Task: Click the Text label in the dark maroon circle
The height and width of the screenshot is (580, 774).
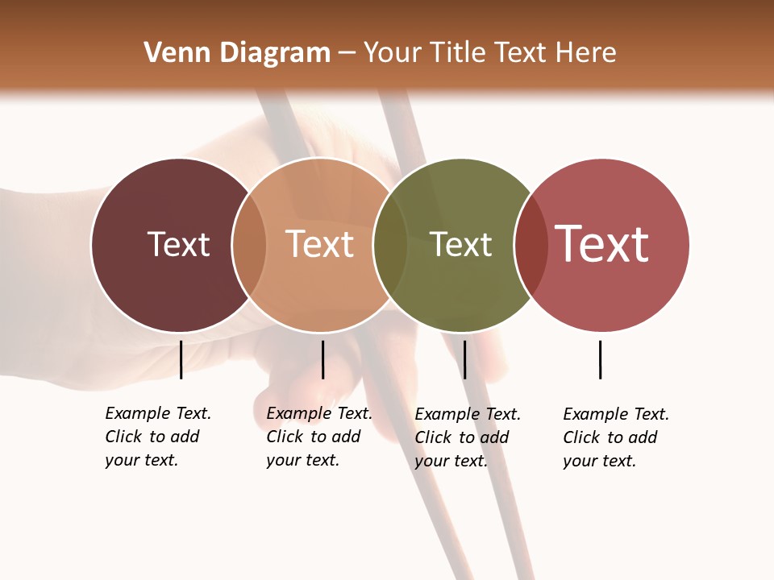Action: tap(178, 244)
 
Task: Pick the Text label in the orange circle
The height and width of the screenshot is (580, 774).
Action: tap(319, 244)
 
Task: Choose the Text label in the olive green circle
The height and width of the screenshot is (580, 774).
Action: tap(460, 244)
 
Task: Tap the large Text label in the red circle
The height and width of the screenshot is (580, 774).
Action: tap(601, 244)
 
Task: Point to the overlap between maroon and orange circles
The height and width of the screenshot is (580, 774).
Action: tap(249, 244)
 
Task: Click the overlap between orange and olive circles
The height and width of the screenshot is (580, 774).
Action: tap(390, 244)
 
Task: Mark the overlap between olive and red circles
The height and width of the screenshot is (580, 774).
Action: tap(531, 244)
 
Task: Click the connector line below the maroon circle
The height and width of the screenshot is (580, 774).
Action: tap(181, 359)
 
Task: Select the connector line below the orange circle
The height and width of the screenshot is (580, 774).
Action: tap(322, 359)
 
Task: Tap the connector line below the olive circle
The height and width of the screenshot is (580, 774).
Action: tap(464, 359)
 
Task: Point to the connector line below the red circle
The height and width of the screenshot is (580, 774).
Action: tap(601, 359)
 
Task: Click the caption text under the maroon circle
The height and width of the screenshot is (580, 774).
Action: tap(157, 437)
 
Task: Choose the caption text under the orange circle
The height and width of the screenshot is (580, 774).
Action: tap(318, 437)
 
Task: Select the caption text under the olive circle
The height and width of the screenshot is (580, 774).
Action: tap(467, 437)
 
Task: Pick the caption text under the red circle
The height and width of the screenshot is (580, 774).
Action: tap(615, 437)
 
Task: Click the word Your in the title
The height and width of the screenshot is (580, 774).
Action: tap(392, 53)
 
